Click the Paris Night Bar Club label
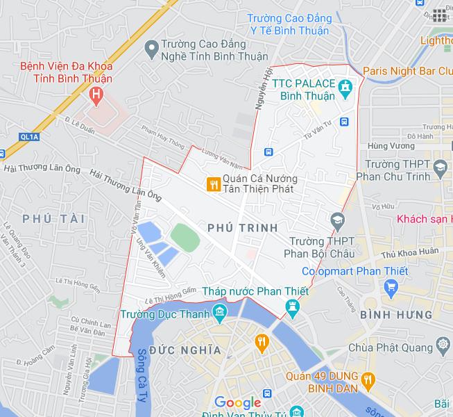point(408,71)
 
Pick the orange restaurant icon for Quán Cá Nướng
point(213,183)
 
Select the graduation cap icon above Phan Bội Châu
point(337,220)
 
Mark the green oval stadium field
point(185,236)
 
